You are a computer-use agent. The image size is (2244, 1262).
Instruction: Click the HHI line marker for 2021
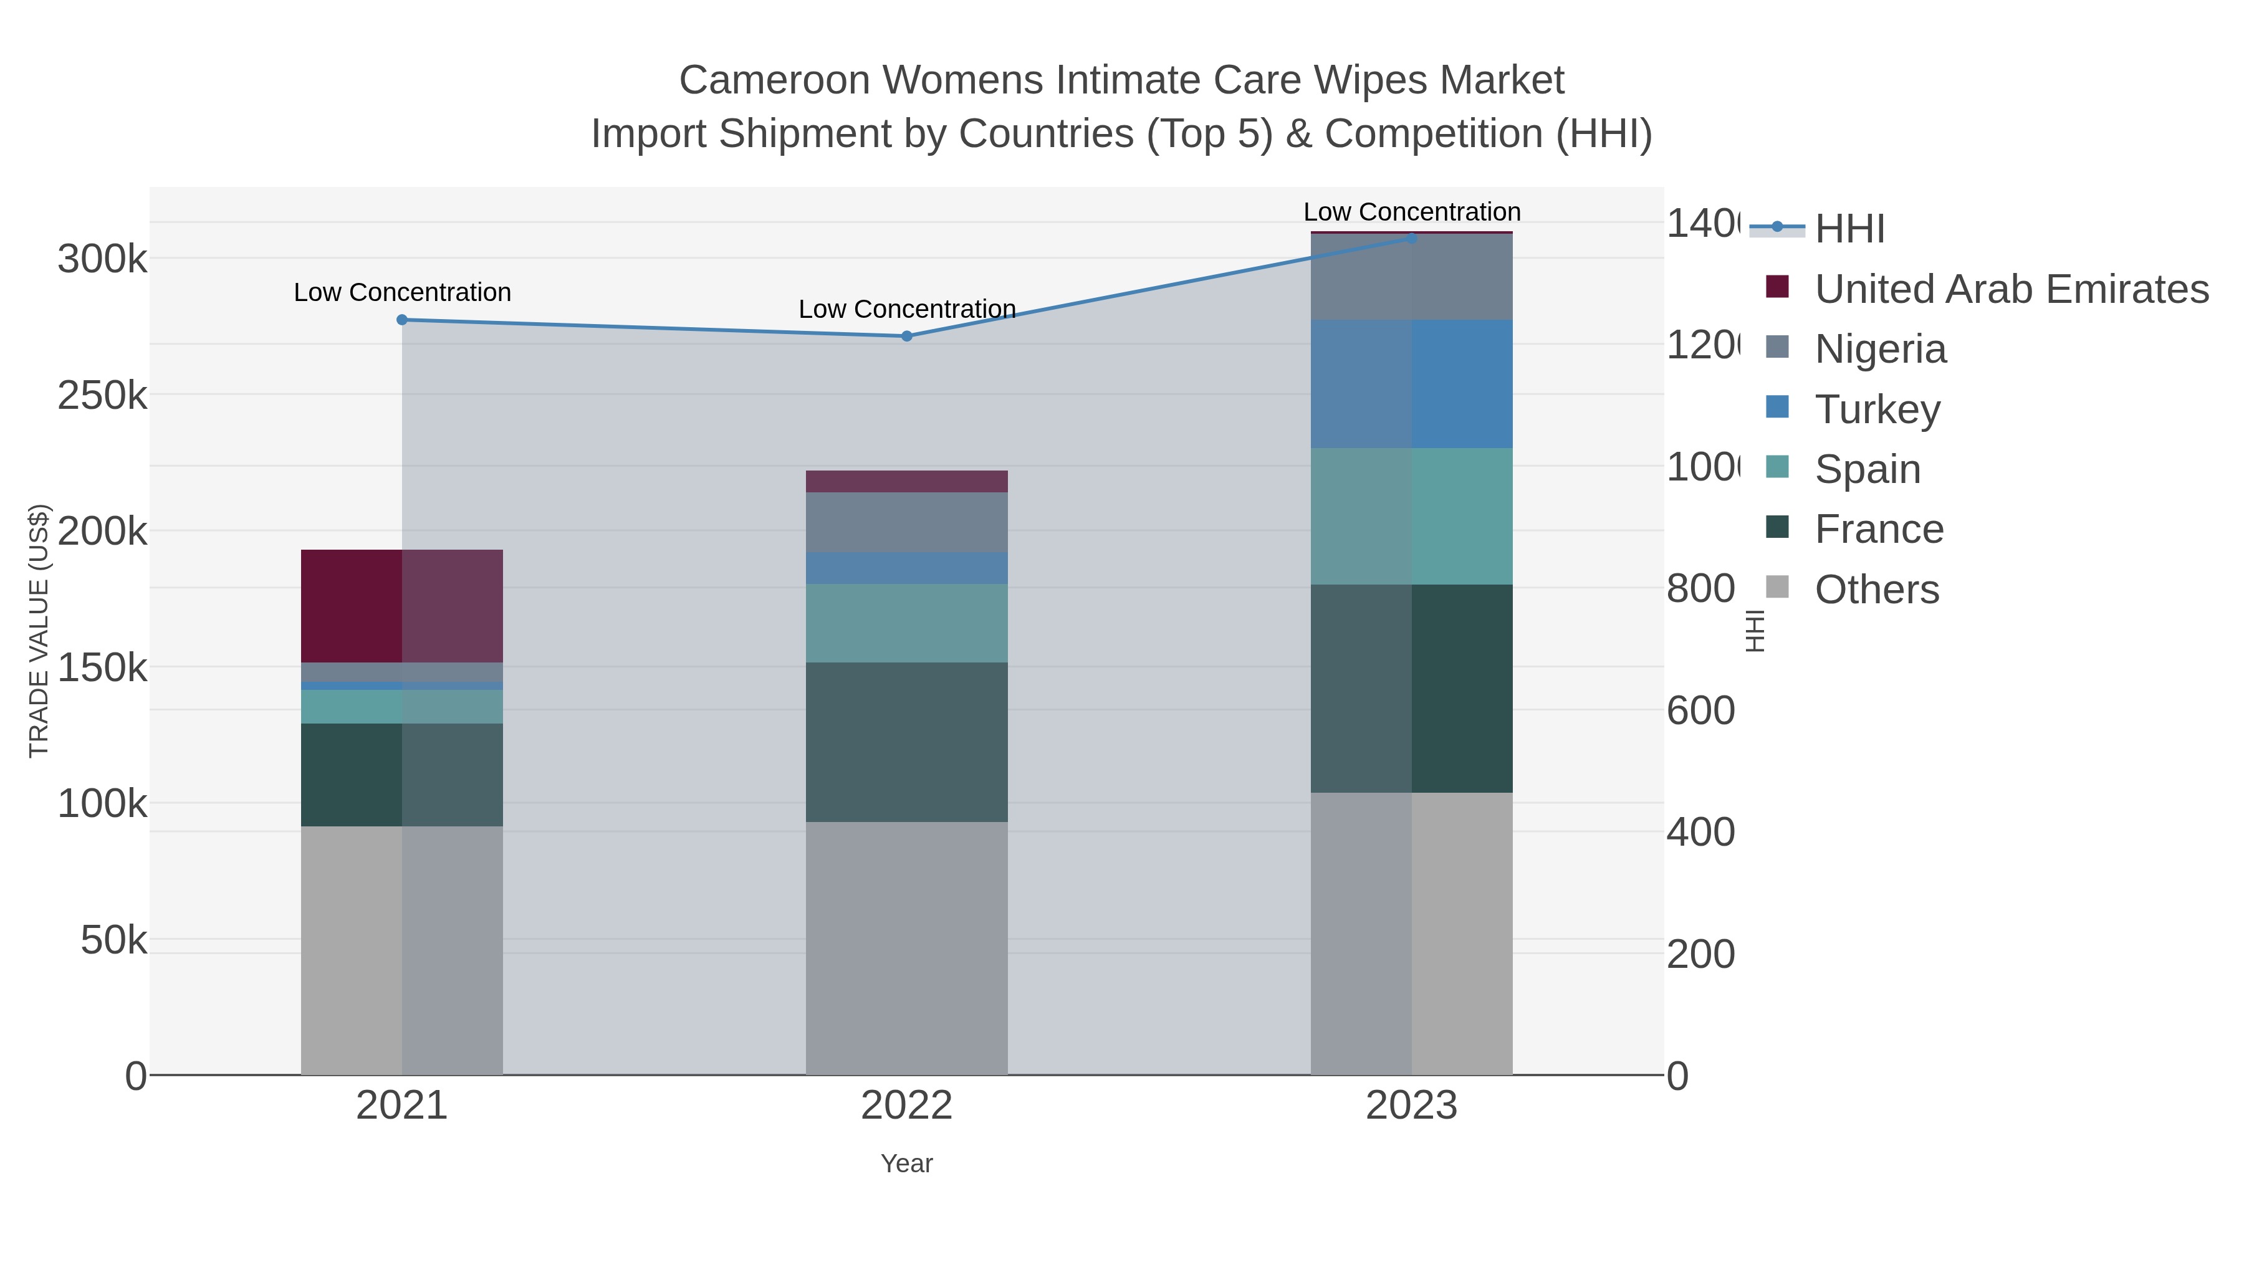click(401, 320)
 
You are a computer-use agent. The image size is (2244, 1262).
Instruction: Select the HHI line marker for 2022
click(907, 336)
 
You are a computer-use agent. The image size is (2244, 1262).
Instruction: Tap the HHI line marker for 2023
click(1412, 238)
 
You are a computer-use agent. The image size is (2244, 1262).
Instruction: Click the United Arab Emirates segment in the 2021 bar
click(401, 606)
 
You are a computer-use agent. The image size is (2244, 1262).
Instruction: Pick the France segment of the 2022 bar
click(907, 742)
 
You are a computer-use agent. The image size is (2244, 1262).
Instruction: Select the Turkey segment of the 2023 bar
click(1412, 384)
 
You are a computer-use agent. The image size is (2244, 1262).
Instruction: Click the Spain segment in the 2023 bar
click(1412, 517)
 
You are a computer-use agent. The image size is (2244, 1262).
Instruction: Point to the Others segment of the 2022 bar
click(907, 947)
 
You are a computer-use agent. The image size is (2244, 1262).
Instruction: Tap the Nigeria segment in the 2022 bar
click(907, 523)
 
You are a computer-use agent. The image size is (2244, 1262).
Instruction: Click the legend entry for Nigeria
click(1880, 349)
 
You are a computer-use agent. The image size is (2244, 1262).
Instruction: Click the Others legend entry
click(1876, 590)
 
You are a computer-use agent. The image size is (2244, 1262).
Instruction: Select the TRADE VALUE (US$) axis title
click(39, 631)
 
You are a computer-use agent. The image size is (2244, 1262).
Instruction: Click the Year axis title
click(907, 1164)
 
